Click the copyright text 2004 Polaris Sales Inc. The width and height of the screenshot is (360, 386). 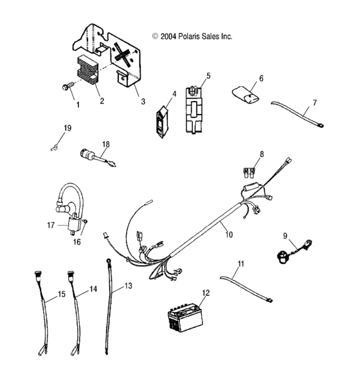pos(192,37)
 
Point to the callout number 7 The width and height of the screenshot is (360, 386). pos(314,102)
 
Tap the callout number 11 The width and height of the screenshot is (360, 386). pos(241,264)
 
